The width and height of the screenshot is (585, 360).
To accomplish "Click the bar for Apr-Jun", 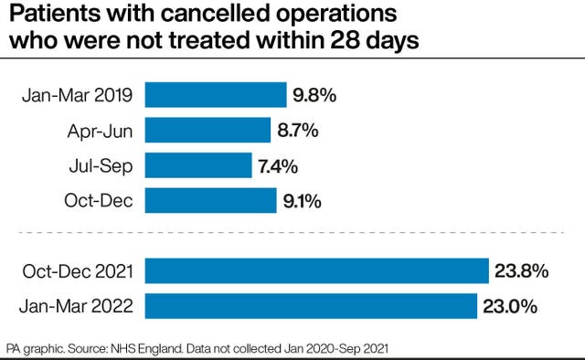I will pos(207,131).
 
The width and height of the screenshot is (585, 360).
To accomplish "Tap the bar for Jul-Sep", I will pos(198,165).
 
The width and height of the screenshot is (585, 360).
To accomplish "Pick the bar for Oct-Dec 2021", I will pos(317,270).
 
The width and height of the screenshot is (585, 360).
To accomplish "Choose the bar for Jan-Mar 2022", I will pos(311,305).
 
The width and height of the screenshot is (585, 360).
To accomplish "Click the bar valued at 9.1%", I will pos(210,200).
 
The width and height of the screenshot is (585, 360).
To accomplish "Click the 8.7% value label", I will pos(298,131).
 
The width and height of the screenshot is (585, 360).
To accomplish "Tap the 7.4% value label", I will pos(278,165).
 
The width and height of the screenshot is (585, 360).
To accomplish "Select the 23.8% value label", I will pos(522,270).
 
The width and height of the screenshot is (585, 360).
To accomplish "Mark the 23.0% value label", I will pos(509,305).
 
